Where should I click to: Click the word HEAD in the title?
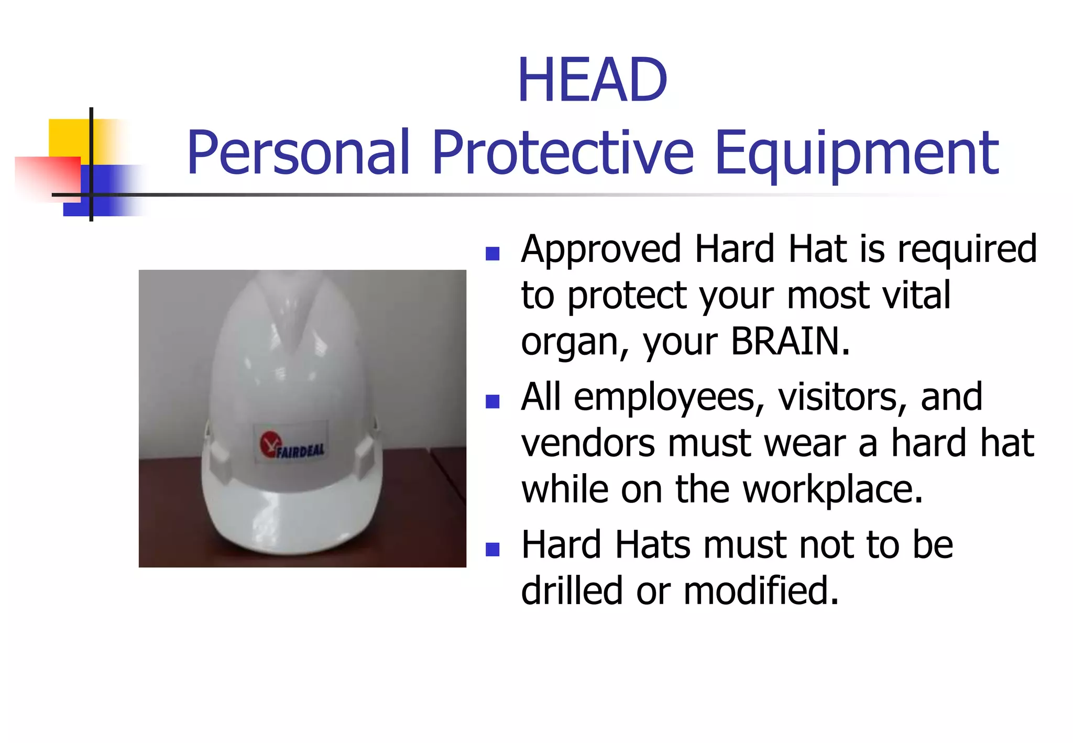coord(592,80)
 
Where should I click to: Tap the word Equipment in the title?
coord(857,154)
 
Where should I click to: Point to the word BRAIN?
coord(790,341)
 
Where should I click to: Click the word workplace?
coord(833,490)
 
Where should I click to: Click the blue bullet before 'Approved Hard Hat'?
coord(492,254)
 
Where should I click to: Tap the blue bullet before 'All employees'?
coord(492,402)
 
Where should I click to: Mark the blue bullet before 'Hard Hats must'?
coord(492,549)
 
